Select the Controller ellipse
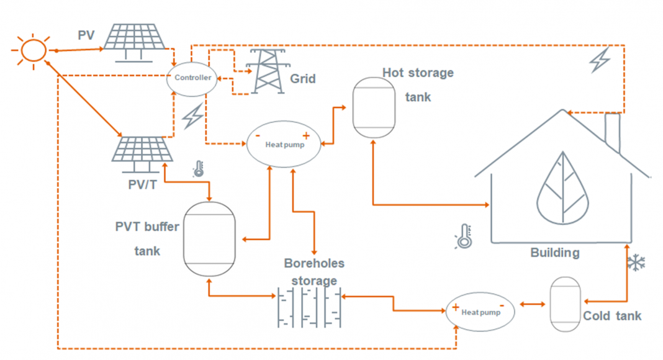click(x=192, y=78)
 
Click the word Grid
click(x=303, y=79)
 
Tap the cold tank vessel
click(x=565, y=304)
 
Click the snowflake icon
click(x=635, y=263)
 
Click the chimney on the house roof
click(x=612, y=132)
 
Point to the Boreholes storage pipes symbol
click(x=309, y=307)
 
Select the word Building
click(x=554, y=253)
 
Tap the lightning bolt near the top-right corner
click(x=600, y=60)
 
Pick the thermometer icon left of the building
click(x=464, y=236)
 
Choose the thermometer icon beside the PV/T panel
click(x=199, y=168)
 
